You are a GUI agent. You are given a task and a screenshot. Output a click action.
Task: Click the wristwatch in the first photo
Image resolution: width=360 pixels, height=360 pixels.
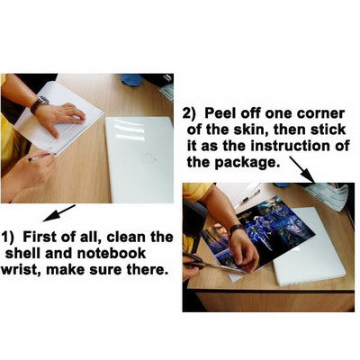40,104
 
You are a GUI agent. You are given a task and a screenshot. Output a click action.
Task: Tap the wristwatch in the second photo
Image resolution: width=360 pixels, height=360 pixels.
237,229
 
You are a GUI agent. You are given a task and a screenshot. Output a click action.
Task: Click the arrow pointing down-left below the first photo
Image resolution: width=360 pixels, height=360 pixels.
58,213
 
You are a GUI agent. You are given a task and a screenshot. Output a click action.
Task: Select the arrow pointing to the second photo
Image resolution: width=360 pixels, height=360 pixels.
302,169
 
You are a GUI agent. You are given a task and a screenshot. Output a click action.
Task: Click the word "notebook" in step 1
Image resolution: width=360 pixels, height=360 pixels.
112,254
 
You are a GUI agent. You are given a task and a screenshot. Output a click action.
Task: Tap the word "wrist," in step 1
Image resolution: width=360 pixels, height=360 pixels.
21,270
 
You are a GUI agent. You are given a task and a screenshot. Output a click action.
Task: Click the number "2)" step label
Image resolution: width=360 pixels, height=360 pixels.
189,114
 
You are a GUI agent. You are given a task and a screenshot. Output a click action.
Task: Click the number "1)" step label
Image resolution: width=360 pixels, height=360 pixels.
8,238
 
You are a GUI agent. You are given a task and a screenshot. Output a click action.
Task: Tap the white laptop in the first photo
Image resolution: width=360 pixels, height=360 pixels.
139,160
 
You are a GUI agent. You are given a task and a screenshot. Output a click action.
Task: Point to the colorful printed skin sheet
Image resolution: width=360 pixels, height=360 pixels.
258,234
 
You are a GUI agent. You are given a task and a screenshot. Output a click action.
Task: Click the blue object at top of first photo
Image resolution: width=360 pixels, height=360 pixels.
131,79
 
